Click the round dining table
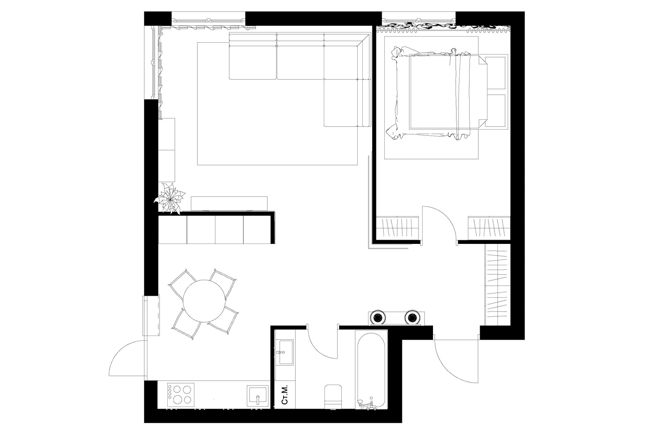coord(204,301)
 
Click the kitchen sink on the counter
coord(258,395)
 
